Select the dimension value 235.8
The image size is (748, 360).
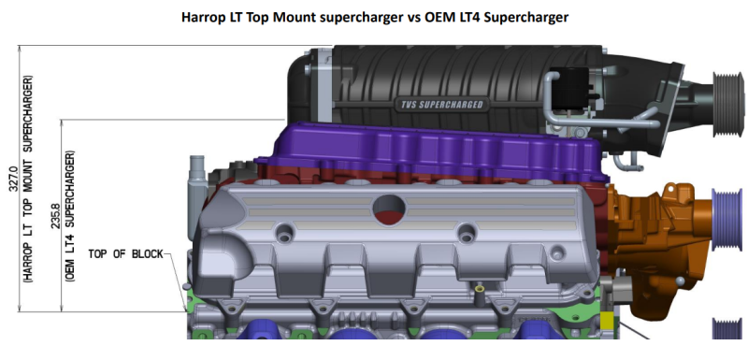pos(56,217)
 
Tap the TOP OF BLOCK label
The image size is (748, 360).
pos(125,254)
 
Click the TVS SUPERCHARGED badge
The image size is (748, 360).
pos(439,105)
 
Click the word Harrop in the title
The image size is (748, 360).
pos(202,18)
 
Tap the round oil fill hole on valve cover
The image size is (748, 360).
pos(389,209)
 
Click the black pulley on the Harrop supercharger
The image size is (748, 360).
pos(727,105)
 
